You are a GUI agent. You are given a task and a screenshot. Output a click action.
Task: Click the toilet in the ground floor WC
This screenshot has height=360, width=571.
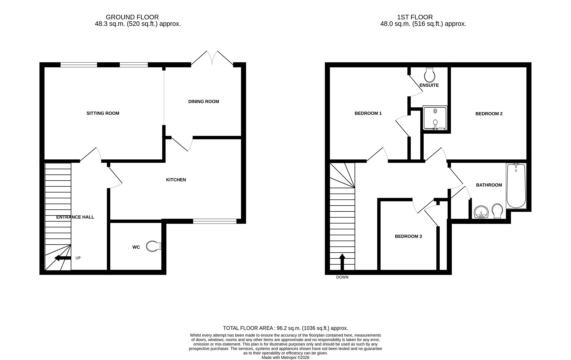point(153,246)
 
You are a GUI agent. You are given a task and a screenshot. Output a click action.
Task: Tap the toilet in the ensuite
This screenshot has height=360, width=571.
point(430,75)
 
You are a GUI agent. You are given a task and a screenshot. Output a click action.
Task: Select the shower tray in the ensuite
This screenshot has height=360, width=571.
point(435,118)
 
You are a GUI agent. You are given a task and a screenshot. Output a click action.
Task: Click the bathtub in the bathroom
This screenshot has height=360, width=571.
point(516,186)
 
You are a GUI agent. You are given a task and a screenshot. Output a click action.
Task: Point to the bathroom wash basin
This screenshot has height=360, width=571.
point(481,212)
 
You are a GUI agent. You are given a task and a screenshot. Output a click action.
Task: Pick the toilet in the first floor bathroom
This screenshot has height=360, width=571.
point(497,211)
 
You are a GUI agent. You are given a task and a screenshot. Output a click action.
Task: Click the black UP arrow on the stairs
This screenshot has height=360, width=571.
point(63,258)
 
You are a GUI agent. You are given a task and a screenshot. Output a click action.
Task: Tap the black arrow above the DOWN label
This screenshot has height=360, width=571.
point(342,262)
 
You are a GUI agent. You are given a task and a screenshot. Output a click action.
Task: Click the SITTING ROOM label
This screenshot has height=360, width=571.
point(103,113)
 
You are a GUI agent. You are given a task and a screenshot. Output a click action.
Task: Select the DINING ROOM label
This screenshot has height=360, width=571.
point(203,101)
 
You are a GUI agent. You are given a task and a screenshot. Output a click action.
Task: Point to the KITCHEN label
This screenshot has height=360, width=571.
point(176,180)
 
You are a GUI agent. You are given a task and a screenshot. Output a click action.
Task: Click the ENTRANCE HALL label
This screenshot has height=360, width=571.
point(75,217)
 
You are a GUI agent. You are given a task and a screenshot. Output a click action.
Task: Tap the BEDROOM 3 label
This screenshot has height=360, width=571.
point(408,236)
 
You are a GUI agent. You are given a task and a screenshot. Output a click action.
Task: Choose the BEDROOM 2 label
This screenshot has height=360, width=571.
point(489,114)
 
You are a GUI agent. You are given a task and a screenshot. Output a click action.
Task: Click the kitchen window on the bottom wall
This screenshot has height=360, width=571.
point(215,221)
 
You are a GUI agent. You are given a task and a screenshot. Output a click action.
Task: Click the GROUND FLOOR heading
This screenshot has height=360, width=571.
point(132,17)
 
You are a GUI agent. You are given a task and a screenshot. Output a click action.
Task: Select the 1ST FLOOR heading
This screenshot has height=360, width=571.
point(415,17)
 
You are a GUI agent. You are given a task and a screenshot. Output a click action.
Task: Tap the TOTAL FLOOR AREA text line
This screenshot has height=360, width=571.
point(285,328)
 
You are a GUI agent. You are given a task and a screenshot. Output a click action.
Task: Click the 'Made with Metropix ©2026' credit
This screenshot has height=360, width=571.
point(285,357)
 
